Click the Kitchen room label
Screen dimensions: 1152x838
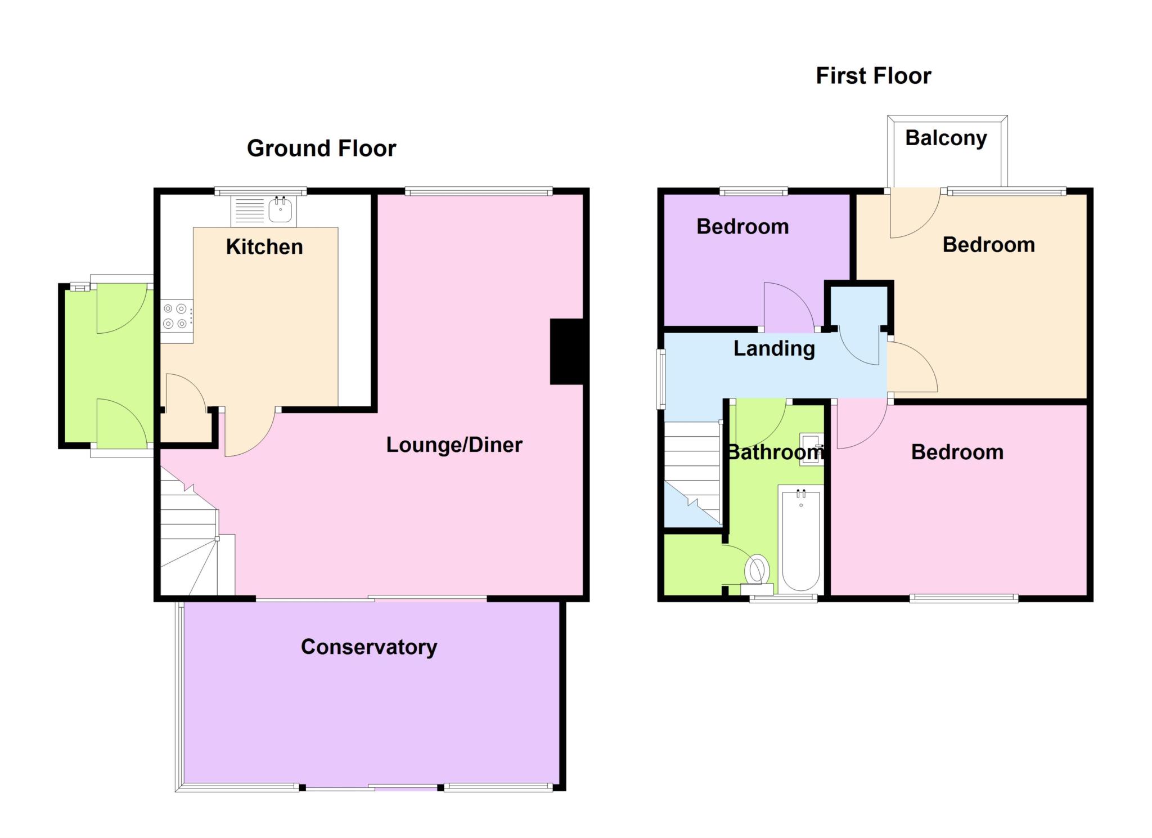pos(264,247)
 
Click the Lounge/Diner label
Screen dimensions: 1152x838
pos(454,445)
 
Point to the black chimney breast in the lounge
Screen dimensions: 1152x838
pos(567,352)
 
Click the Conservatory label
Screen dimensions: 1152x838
pos(369,647)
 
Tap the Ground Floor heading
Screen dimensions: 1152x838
pos(321,148)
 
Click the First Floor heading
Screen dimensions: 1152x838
pos(874,75)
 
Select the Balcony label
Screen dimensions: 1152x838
pos(946,138)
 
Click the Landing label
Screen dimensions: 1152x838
pos(774,348)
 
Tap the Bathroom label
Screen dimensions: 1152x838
pos(775,452)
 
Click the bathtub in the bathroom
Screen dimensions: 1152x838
pos(801,539)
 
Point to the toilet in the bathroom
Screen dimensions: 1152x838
pos(757,573)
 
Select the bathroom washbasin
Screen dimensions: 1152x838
pos(811,449)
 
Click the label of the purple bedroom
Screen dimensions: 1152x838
pos(742,226)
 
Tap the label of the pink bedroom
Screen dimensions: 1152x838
pos(957,452)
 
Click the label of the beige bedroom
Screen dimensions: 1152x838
pos(989,244)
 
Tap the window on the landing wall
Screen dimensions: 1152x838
pos(661,378)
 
